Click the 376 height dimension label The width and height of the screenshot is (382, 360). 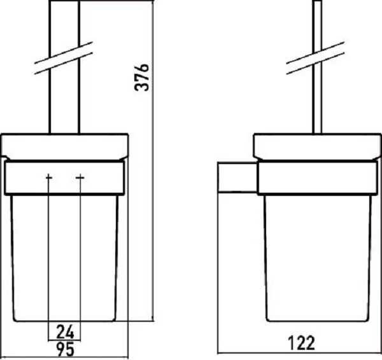(x=141, y=78)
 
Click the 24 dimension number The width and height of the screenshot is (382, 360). (x=65, y=332)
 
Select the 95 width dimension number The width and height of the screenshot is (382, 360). (x=65, y=349)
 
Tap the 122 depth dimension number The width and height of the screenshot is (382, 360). (x=301, y=343)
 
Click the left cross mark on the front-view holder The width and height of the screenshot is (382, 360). (x=49, y=177)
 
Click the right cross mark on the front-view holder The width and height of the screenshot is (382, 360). (x=80, y=177)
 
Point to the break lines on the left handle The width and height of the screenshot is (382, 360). (x=64, y=58)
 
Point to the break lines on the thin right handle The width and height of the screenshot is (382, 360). (x=315, y=58)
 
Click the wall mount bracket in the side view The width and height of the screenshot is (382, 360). (x=237, y=177)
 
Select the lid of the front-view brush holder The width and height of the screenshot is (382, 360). (x=65, y=147)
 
